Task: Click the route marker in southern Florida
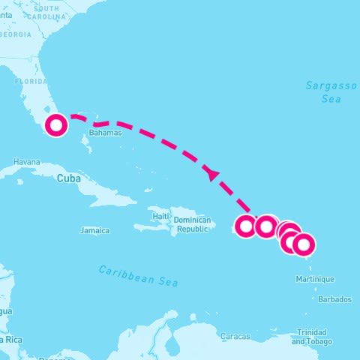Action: point(55,125)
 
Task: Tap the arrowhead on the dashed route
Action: point(212,174)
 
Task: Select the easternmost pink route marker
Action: point(303,244)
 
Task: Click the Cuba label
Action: point(68,178)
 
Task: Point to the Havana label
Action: point(26,162)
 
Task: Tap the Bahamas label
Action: point(105,133)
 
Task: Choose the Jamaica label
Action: point(94,231)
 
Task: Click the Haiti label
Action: point(161,216)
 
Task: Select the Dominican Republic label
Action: point(191,224)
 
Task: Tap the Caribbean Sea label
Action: point(139,276)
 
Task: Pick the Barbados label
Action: point(334,299)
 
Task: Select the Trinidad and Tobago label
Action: point(310,337)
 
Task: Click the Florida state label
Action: point(31,81)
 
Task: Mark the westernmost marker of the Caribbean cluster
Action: point(246,226)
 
